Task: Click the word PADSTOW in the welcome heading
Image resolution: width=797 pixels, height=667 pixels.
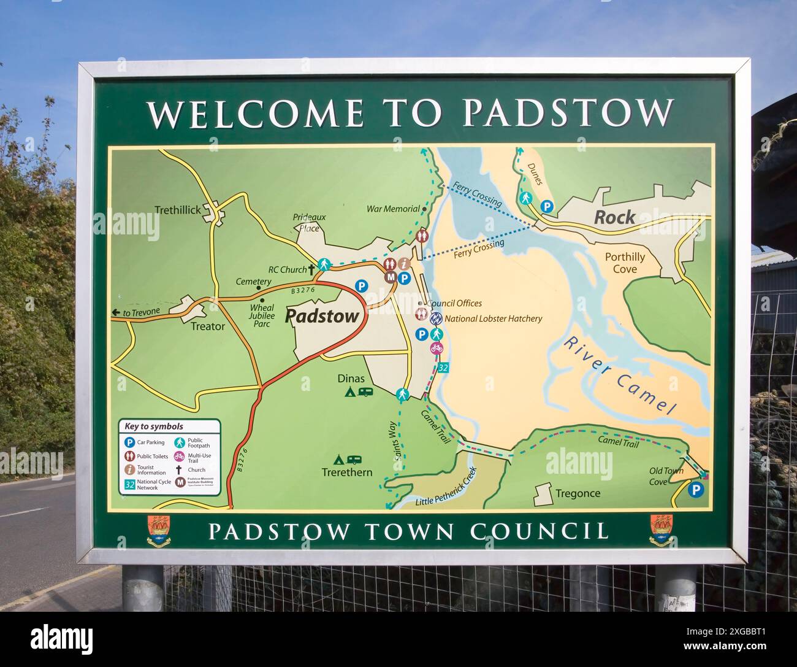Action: (568, 112)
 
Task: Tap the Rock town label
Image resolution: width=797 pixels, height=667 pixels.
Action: (614, 217)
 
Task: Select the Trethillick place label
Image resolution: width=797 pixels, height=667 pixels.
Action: (178, 210)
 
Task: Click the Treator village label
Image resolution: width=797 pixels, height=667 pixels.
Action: (207, 326)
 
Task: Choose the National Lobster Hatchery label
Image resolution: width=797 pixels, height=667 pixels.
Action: (493, 318)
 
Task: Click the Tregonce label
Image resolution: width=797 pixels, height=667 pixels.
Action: (578, 493)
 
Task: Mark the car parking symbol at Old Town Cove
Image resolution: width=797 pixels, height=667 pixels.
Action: (695, 490)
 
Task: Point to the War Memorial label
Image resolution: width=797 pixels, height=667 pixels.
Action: (393, 209)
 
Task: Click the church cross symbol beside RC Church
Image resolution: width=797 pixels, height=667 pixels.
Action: (311, 269)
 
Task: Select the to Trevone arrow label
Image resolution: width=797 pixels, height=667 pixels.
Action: (136, 312)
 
